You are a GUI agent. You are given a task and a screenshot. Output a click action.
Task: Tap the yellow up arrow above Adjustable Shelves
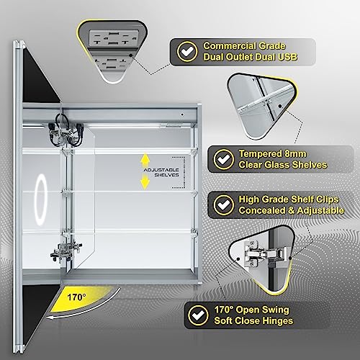[144, 158]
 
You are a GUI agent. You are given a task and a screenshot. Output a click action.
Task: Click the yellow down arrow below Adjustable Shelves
[144, 184]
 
